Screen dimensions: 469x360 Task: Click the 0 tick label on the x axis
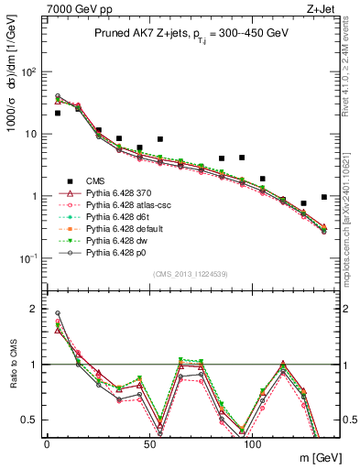pos(47,442)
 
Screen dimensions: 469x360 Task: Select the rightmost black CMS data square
pos(324,197)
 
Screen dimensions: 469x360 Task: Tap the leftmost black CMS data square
pos(58,113)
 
